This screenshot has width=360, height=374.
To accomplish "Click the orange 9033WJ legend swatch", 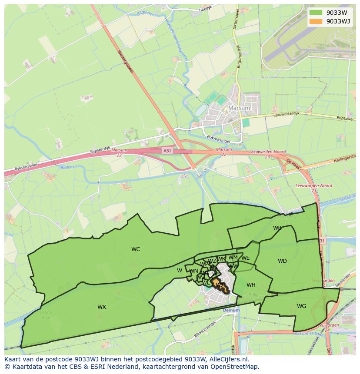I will click(x=316, y=21).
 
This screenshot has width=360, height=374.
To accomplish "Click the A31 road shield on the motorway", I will click(x=167, y=150).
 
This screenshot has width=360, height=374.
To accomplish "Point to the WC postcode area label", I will click(x=136, y=249).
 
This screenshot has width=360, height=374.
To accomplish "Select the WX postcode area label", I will click(x=102, y=307).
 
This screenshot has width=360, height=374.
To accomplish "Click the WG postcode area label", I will click(x=301, y=306).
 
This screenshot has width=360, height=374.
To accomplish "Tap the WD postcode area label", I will click(x=282, y=261).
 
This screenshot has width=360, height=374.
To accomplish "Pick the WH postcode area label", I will click(x=251, y=285).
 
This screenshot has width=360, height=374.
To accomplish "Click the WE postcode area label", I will click(x=246, y=258).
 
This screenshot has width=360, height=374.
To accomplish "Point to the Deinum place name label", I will click(x=231, y=311).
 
